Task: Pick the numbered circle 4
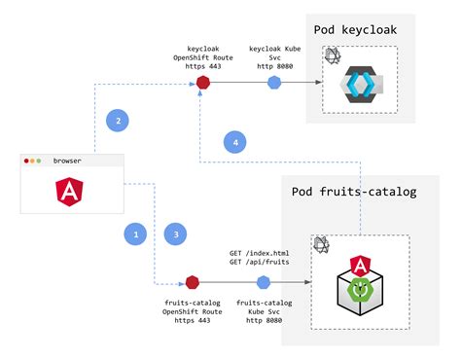click(x=235, y=142)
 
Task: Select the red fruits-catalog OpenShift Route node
click(x=192, y=282)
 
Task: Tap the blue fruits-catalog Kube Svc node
click(x=263, y=282)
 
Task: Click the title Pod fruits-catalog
click(x=354, y=191)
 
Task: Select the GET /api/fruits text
click(x=260, y=262)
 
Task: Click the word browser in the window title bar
click(x=68, y=161)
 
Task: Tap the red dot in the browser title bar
click(x=29, y=161)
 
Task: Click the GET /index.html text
click(x=260, y=251)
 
